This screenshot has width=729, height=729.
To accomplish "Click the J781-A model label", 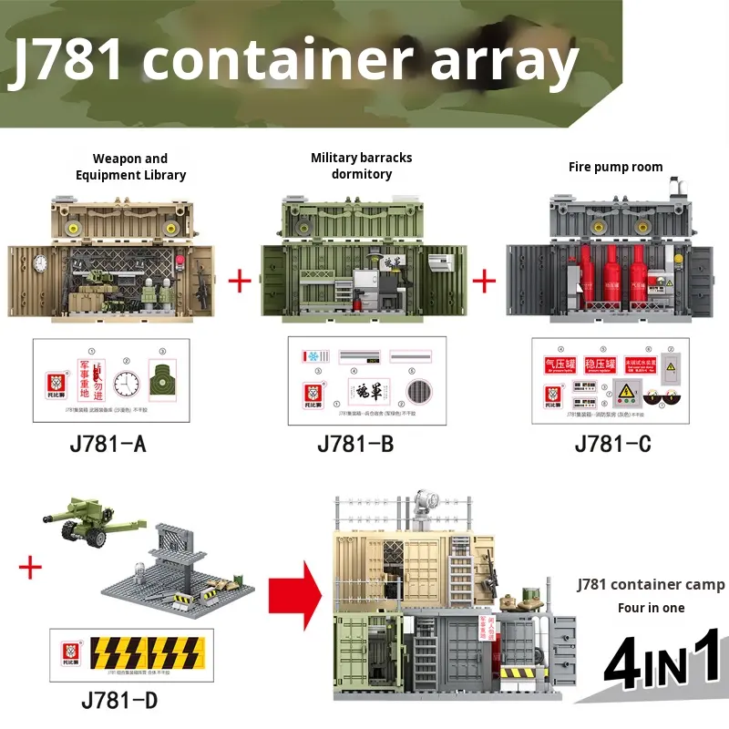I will tap(108, 444).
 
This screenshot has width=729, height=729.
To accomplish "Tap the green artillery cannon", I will tap(89, 526).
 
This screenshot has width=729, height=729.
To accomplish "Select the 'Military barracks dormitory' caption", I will tap(361, 165).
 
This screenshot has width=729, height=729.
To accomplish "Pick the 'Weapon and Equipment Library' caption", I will tap(130, 167).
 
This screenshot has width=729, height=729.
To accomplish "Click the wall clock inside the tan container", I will tap(41, 263).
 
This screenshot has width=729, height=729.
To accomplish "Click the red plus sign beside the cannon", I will tap(31, 569).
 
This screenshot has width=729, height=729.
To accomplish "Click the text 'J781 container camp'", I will tap(651, 584).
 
